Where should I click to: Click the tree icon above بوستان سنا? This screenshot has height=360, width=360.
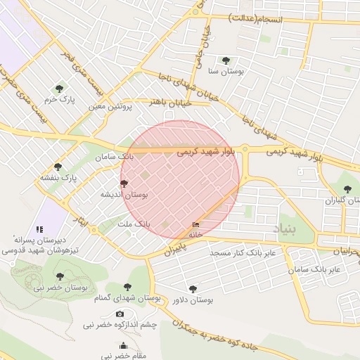tap(225, 60)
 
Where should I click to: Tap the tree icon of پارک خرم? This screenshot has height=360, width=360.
tap(58, 89)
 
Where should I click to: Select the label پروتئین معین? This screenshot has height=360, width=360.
tap(110, 107)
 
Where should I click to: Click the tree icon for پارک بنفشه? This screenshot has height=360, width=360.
tap(58, 167)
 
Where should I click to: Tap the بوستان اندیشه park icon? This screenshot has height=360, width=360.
tap(124, 183)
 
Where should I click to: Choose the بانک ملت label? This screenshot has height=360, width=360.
tap(133, 224)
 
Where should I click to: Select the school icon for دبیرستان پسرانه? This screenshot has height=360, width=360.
tap(39, 229)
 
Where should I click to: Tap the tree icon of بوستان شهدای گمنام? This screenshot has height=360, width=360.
tap(127, 287)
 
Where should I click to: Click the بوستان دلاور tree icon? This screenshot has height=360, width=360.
tap(193, 288)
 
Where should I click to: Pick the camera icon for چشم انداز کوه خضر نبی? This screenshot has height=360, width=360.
tap(120, 314)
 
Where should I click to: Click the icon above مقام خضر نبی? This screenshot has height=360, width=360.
tap(124, 345)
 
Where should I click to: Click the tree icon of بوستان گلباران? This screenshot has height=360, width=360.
tap(347, 188)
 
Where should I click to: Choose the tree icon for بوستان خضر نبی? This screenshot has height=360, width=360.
tap(58, 276)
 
